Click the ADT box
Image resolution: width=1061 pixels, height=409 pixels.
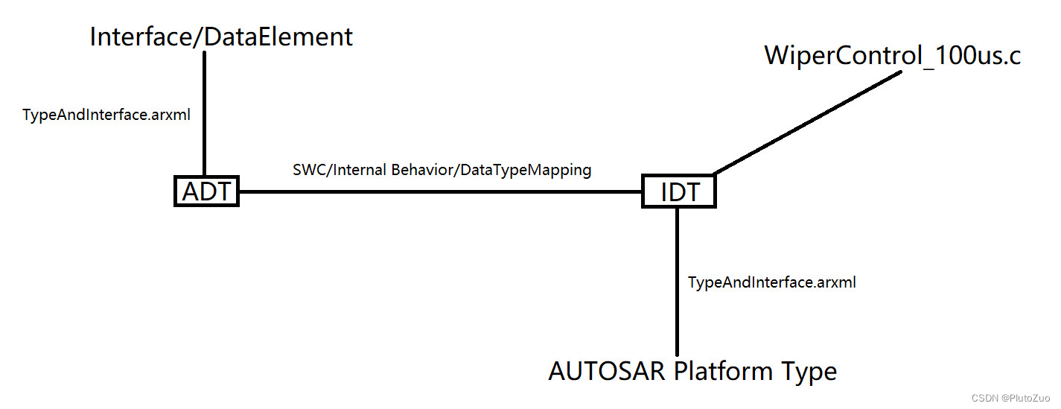click(206, 191)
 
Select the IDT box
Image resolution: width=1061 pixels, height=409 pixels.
click(678, 191)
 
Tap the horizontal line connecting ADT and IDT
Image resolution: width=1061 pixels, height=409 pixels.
click(439, 191)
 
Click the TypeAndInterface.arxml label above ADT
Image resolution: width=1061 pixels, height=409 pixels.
click(106, 115)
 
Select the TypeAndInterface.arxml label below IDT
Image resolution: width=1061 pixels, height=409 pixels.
click(772, 282)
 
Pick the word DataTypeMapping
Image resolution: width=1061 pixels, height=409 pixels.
click(526, 170)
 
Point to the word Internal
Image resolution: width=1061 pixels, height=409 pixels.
click(360, 170)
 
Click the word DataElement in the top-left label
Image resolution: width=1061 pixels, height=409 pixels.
click(278, 37)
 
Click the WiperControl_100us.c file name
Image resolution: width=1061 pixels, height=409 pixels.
click(892, 56)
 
